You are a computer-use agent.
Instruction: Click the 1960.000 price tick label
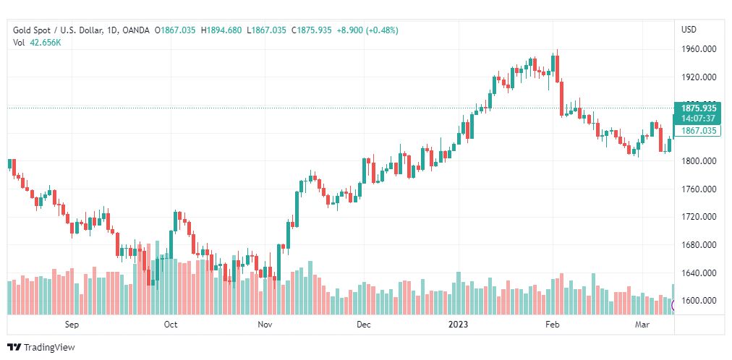(x=698, y=49)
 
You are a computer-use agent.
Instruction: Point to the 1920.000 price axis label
(x=698, y=77)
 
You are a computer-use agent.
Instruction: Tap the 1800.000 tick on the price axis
(x=698, y=161)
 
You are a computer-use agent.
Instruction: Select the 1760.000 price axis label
(x=698, y=189)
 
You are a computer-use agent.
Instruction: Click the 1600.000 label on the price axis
(x=698, y=301)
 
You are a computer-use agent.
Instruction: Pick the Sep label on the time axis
(x=71, y=325)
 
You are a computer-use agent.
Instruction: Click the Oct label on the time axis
(x=171, y=325)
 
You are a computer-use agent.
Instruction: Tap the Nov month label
(x=265, y=325)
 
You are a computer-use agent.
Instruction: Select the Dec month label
(x=364, y=325)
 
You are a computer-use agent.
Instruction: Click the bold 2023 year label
(x=458, y=325)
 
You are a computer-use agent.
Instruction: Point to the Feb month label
(x=553, y=325)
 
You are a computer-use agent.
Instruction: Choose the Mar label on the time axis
(x=642, y=325)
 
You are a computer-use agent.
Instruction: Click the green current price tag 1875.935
(x=698, y=108)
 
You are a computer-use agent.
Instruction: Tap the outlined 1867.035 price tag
(x=698, y=131)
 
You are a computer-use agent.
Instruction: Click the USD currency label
(x=689, y=30)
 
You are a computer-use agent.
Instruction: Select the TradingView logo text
(x=49, y=348)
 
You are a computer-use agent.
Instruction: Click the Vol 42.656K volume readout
(x=37, y=43)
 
